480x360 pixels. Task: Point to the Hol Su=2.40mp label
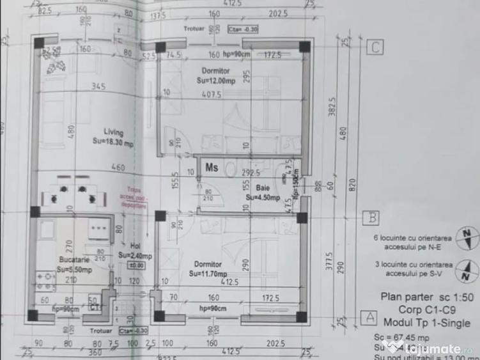[134, 250]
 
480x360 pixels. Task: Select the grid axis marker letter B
[370, 218]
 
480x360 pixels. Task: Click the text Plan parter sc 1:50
[427, 297]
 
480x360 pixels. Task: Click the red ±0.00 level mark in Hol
[137, 265]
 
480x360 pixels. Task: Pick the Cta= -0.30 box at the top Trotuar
[242, 29]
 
